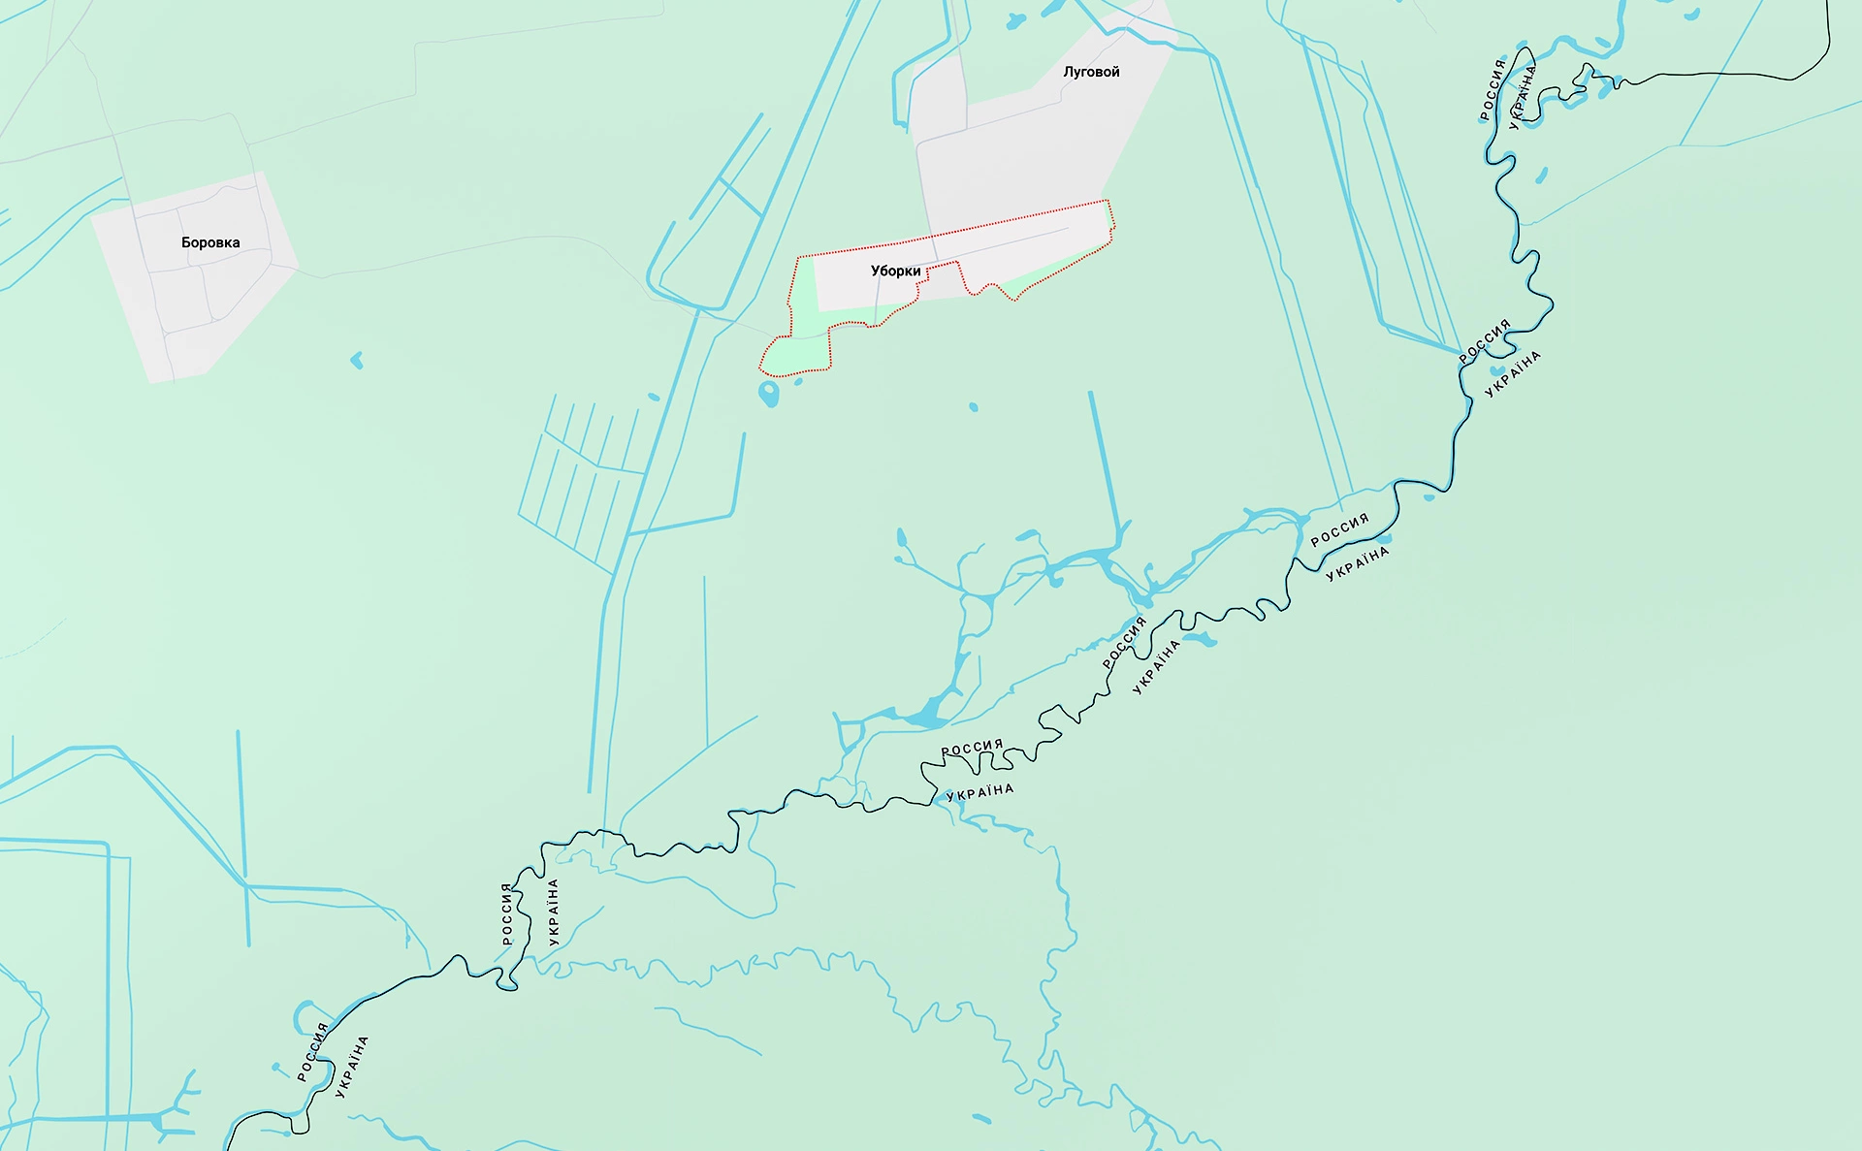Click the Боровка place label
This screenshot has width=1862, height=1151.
(x=210, y=242)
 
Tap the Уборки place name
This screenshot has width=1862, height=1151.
(x=895, y=271)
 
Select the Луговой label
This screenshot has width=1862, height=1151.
(x=1091, y=72)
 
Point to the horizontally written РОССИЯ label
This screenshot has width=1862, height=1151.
(x=972, y=748)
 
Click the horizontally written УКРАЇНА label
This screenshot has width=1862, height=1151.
(x=980, y=792)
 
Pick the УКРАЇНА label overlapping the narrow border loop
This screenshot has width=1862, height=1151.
(x=1523, y=97)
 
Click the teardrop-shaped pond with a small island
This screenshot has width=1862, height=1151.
(x=768, y=394)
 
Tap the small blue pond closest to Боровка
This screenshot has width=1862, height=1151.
(x=357, y=361)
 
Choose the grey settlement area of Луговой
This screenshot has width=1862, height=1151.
(x=1028, y=145)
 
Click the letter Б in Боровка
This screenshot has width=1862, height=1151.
(x=186, y=242)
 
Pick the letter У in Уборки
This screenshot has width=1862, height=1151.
(x=876, y=271)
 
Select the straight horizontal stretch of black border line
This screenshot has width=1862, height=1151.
(x=1707, y=74)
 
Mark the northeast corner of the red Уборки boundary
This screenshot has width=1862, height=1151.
(x=1108, y=201)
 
